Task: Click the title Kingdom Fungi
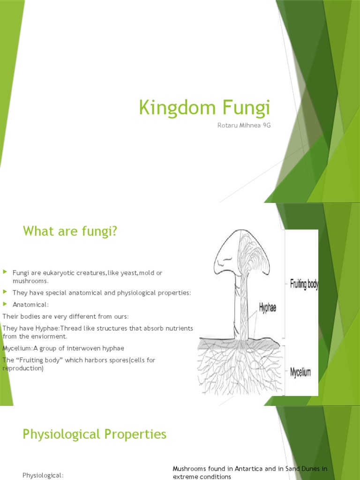(205, 108)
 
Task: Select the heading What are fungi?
(69, 231)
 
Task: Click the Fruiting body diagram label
(304, 284)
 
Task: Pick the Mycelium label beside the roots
(300, 373)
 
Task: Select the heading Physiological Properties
(94, 435)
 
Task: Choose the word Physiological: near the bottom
(43, 475)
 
